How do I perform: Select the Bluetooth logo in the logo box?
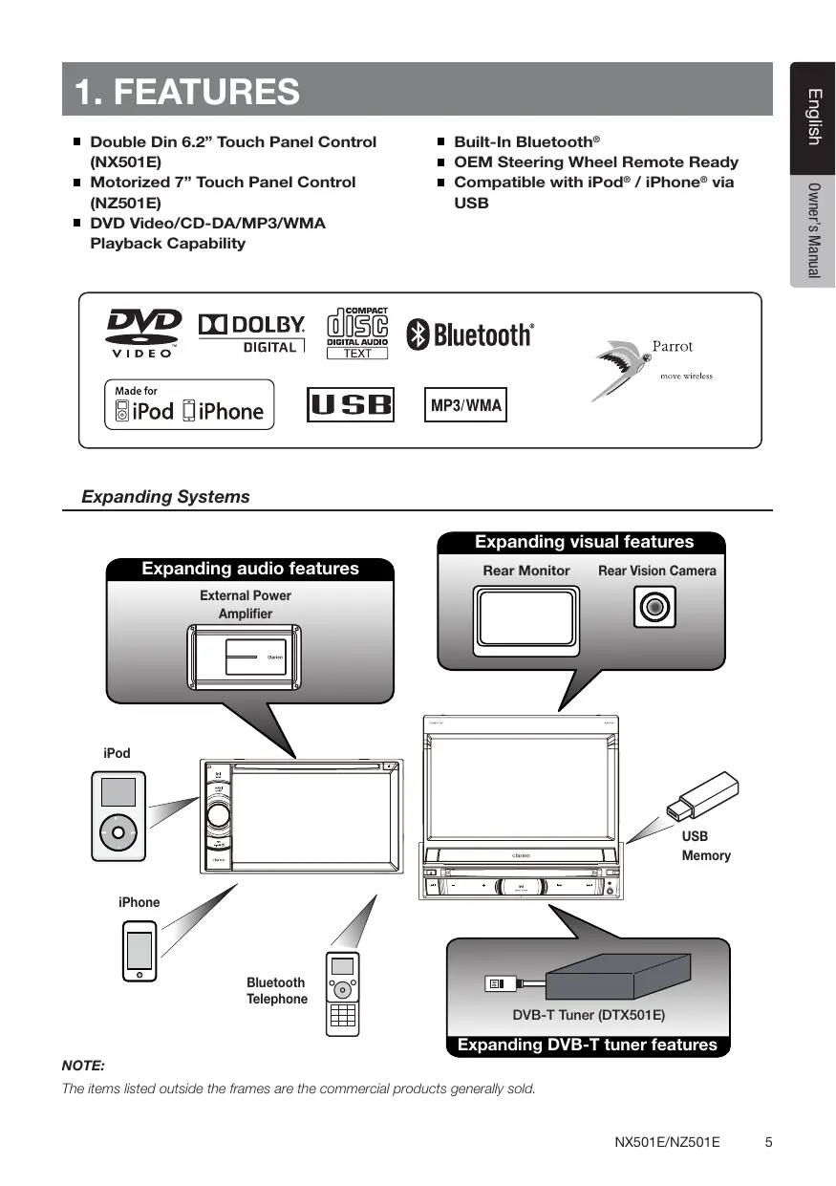point(470,334)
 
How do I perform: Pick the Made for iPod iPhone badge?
point(188,405)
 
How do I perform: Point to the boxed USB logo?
point(351,405)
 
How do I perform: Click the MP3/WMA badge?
point(465,405)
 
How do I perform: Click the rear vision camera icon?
point(654,607)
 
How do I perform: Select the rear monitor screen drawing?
point(525,617)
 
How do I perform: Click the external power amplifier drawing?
point(246,658)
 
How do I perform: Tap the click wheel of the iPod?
point(118,830)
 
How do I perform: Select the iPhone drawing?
point(139,951)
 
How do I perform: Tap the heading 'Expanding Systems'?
point(165,497)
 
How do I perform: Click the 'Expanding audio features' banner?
point(250,569)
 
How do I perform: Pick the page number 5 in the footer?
point(769,1142)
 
